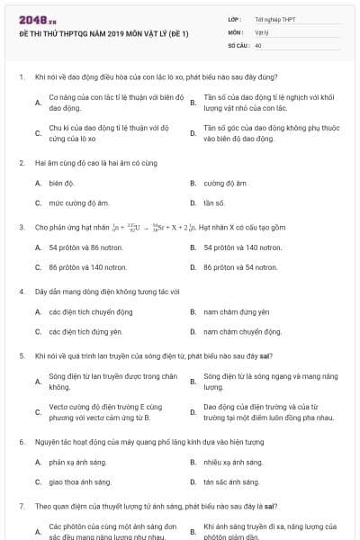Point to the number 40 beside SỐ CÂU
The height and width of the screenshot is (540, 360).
(x=258, y=44)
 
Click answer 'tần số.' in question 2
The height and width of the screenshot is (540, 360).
(x=214, y=203)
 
